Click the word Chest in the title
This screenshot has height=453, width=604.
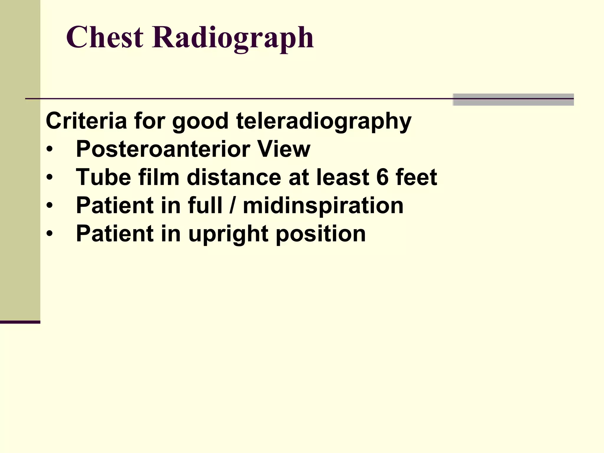click(x=104, y=37)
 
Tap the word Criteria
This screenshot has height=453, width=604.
click(x=86, y=121)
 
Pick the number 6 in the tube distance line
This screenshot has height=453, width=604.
click(x=383, y=177)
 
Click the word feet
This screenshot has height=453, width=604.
click(x=416, y=177)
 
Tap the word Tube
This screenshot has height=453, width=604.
click(x=103, y=177)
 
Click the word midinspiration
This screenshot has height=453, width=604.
click(x=323, y=206)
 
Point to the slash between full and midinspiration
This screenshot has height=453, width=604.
click(x=233, y=206)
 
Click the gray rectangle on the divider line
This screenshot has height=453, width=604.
click(x=513, y=99)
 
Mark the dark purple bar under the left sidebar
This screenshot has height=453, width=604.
click(x=20, y=322)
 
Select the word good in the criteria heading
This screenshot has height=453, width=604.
click(x=200, y=121)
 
